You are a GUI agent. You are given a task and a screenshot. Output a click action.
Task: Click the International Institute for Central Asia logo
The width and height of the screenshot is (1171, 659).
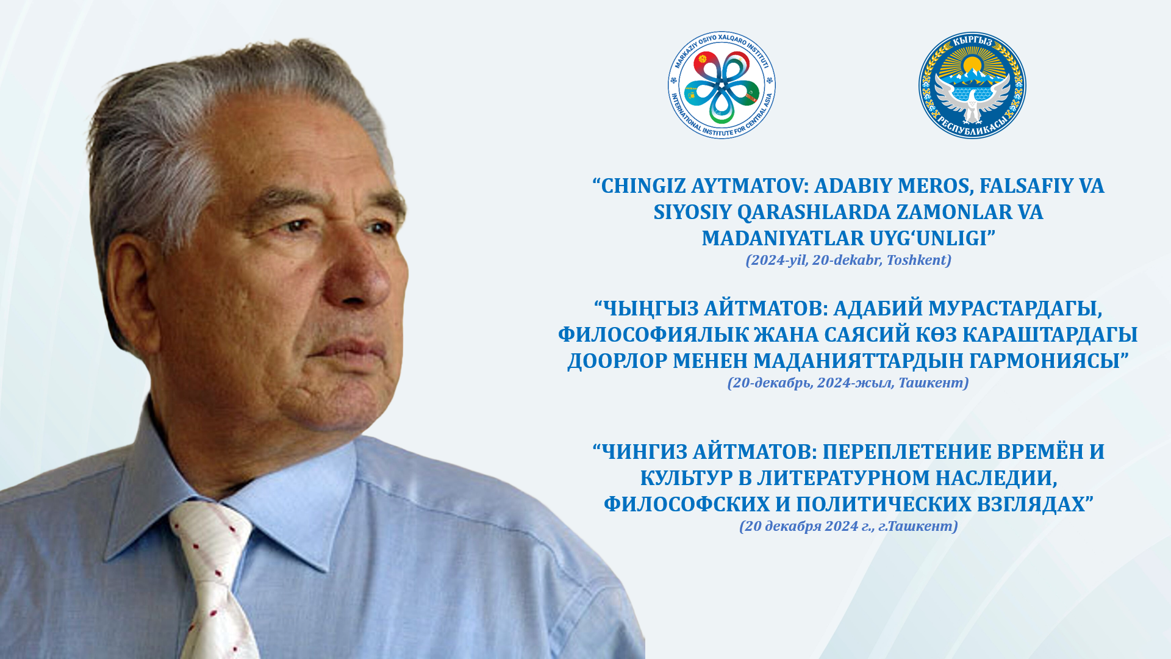click(x=722, y=85)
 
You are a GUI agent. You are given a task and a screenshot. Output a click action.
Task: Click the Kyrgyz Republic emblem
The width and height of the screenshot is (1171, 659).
click(x=972, y=85)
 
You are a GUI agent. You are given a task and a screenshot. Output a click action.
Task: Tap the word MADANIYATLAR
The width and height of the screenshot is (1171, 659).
click(x=782, y=239)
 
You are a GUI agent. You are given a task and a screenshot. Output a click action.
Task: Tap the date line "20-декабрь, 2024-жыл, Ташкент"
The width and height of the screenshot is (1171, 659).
click(x=848, y=383)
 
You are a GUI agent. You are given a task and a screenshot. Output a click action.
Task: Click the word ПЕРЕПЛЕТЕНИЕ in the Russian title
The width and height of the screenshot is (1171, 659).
click(x=906, y=452)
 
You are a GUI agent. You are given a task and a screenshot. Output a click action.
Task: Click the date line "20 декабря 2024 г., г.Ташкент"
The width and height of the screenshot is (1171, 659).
click(x=848, y=527)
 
